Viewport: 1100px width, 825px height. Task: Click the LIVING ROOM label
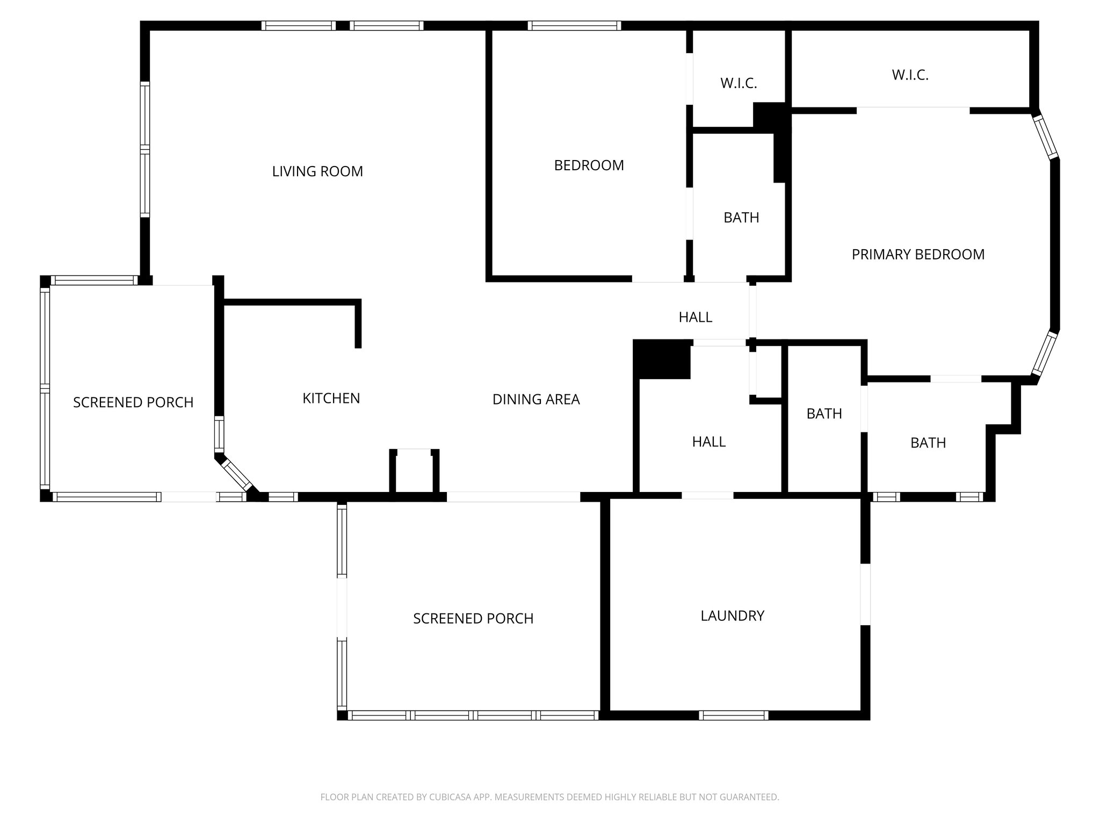317,171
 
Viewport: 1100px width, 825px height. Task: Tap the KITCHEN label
331,398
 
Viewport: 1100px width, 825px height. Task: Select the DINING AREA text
536,399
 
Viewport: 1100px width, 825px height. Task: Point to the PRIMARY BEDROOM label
918,254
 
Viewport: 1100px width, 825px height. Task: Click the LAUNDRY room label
732,616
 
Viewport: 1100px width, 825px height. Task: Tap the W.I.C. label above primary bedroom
910,75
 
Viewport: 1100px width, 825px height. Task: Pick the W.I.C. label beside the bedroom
739,83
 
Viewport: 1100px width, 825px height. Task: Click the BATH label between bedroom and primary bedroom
741,218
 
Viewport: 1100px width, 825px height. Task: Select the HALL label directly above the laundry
708,442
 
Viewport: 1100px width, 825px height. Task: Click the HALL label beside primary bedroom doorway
695,317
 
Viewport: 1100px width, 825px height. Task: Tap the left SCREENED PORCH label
133,402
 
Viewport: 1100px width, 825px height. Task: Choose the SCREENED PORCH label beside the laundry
473,619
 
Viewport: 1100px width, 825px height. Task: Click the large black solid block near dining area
662,359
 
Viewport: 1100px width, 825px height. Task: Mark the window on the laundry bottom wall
734,715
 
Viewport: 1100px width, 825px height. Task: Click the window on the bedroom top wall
574,25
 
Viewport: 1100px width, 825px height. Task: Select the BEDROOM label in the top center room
589,165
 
